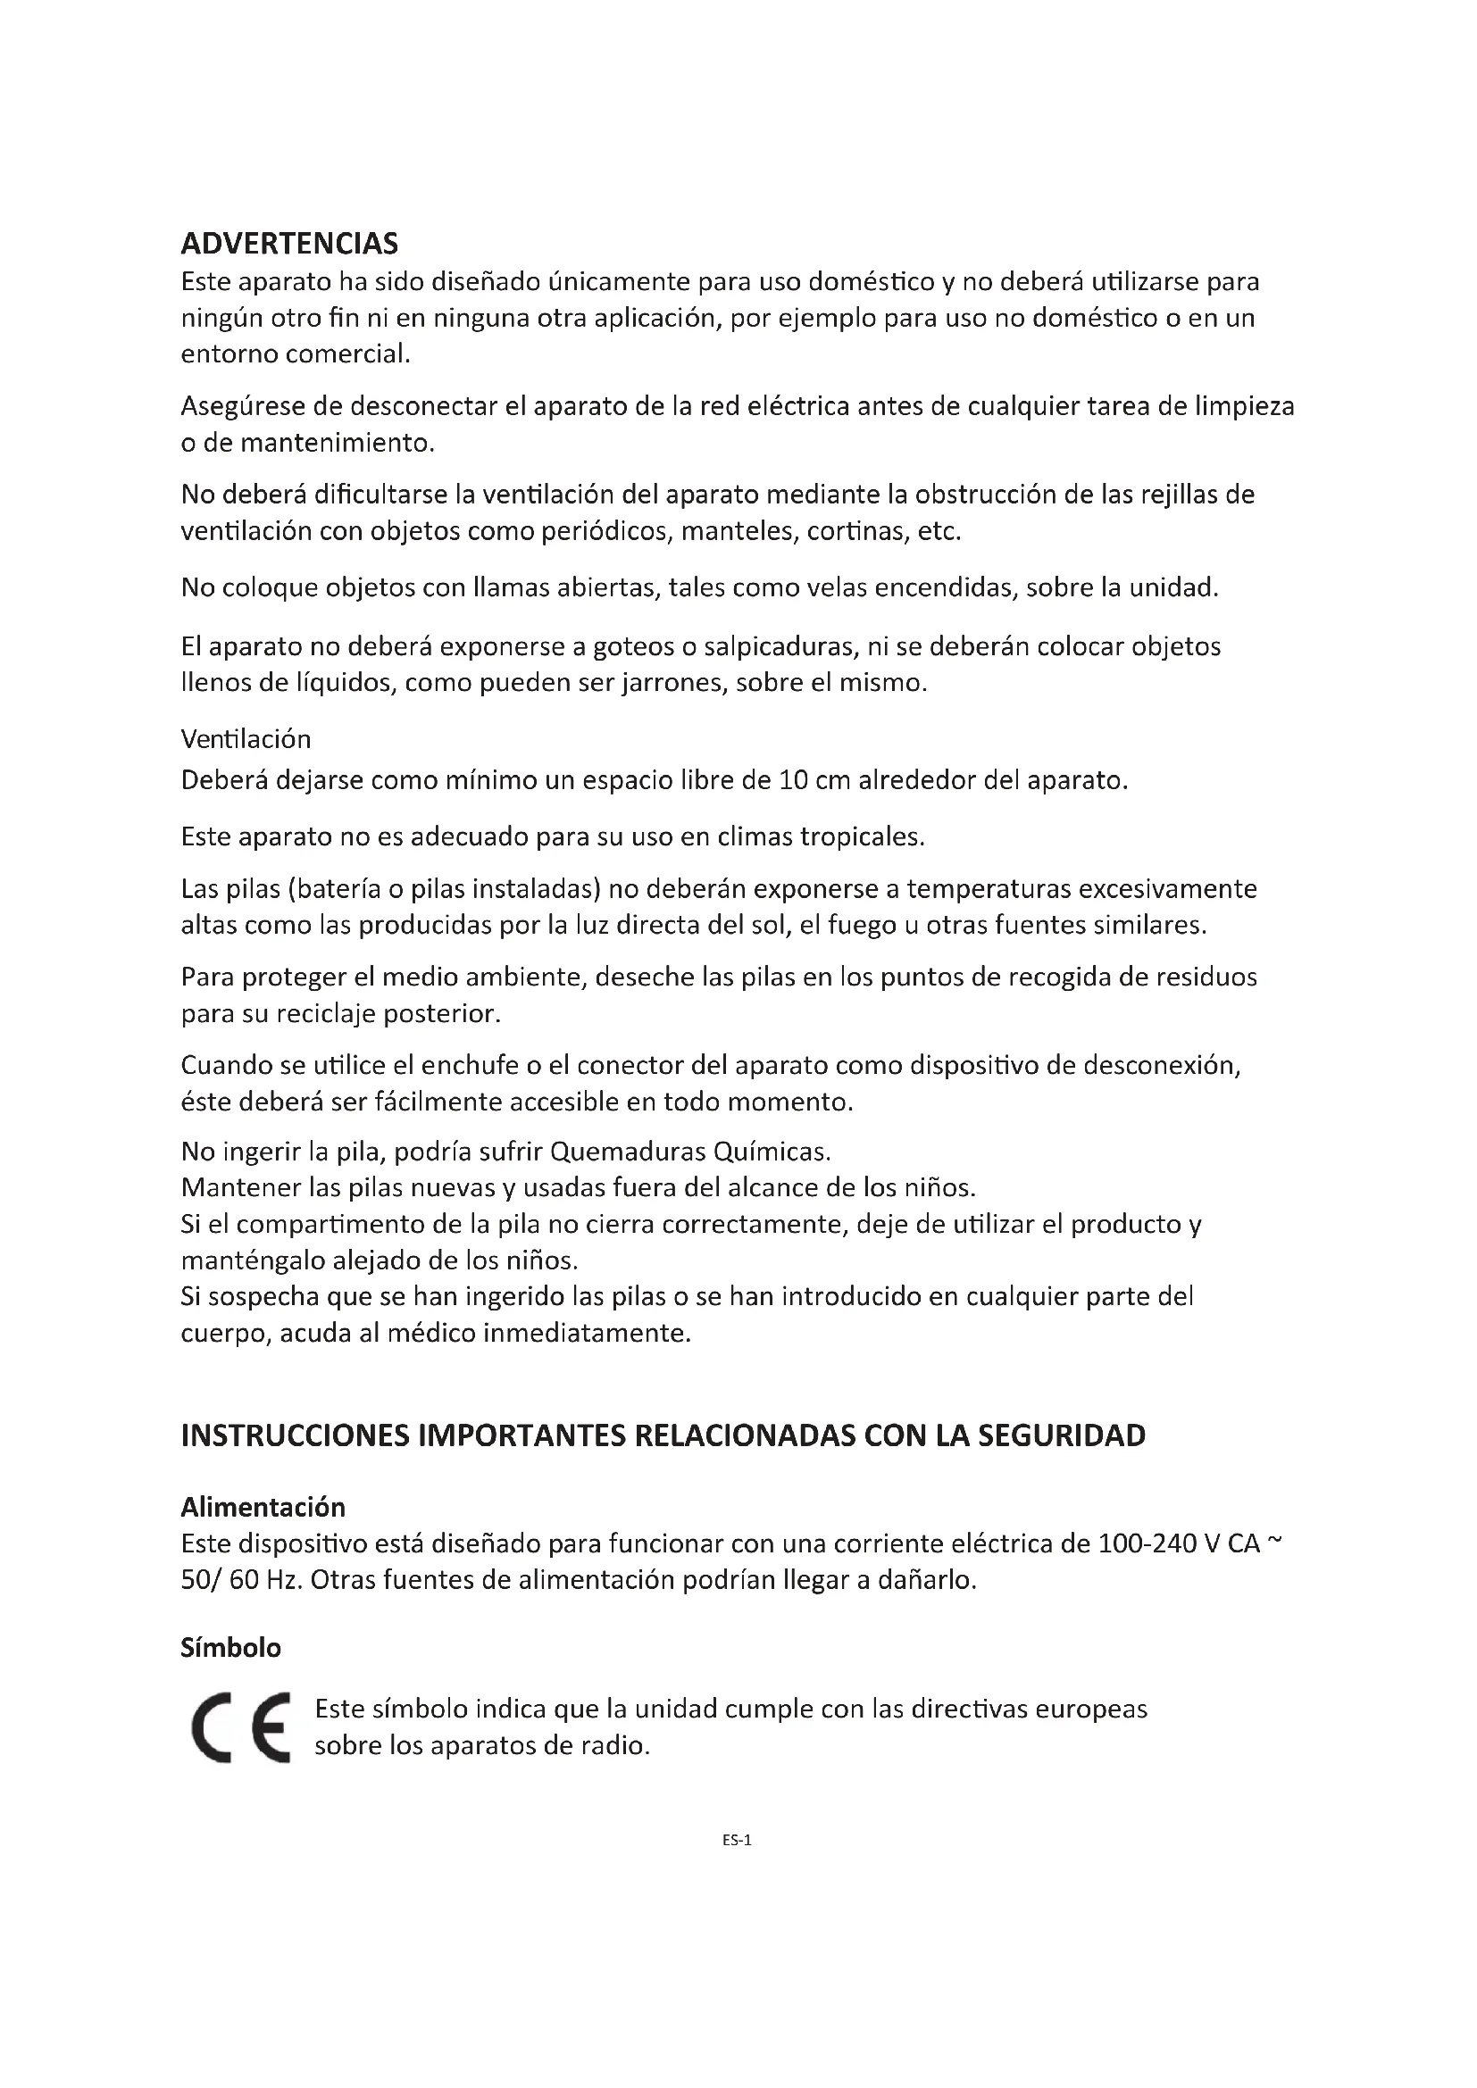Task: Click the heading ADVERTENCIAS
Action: point(289,244)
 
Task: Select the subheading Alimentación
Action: point(263,1507)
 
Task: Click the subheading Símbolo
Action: point(230,1648)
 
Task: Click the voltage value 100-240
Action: point(1146,1544)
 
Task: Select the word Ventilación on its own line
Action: point(246,739)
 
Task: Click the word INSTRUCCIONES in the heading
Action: point(294,1436)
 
